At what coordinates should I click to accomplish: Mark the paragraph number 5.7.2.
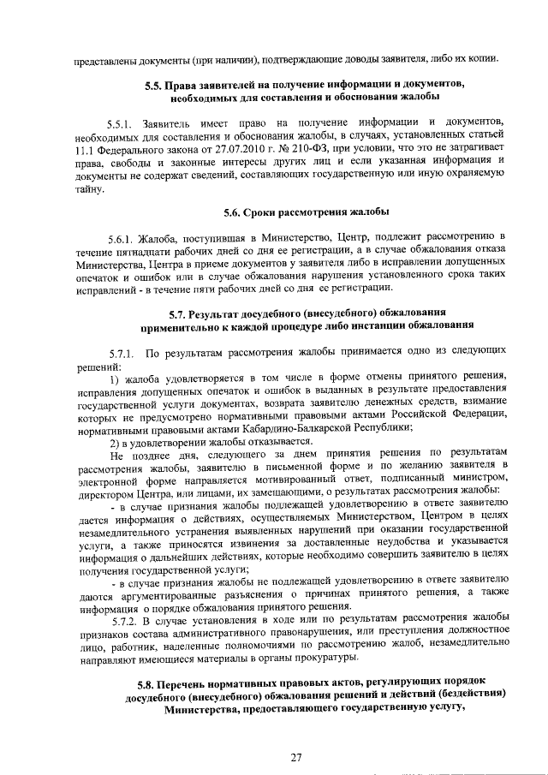128,618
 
